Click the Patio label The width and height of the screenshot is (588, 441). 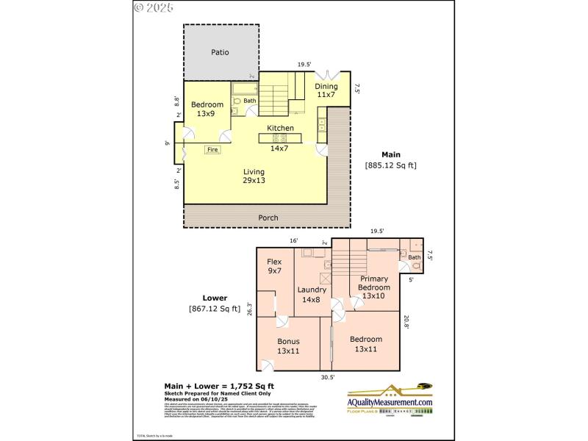[220, 52]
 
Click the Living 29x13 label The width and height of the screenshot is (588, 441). [255, 176]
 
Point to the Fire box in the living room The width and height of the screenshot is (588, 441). [212, 149]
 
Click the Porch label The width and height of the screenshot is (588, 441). [268, 218]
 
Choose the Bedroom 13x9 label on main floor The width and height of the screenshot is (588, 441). [207, 109]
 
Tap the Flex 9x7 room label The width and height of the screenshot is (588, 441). [274, 267]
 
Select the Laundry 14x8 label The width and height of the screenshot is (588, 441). [312, 294]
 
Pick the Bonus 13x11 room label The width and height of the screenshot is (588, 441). [288, 346]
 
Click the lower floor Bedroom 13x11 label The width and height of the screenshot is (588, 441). [365, 344]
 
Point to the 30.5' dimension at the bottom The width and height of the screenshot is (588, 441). [327, 377]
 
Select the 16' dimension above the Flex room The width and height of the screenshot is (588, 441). [293, 240]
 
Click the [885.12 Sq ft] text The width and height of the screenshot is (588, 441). [390, 165]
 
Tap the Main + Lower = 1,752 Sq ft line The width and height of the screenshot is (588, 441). [218, 386]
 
